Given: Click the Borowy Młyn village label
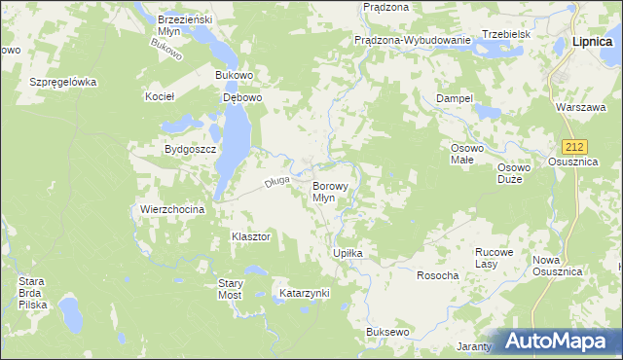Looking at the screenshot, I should coord(324,191).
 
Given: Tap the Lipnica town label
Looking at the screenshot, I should coord(592,42).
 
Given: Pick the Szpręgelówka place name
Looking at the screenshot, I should coord(63,83).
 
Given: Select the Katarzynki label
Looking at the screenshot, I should coord(305,293).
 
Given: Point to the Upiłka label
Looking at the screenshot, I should coord(348,253).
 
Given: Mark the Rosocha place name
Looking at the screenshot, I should coord(437,275).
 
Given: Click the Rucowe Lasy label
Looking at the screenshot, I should coord(494,257).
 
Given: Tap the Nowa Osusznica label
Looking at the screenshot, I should coord(557,266).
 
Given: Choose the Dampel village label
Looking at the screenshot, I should coord(455,99).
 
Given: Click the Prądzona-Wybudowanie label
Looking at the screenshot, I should coord(413,41).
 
